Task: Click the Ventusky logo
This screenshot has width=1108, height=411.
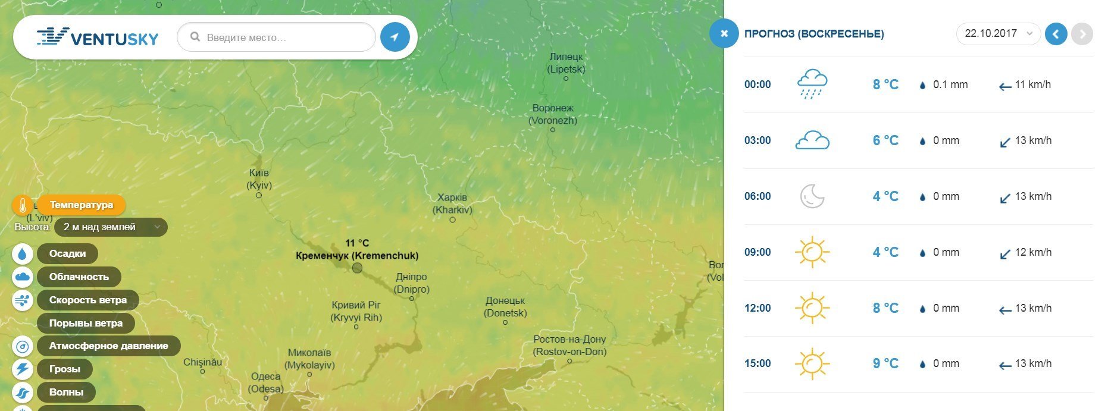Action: [x=98, y=37]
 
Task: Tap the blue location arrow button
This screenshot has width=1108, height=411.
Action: [x=395, y=37]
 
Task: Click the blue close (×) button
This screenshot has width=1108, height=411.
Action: [x=724, y=33]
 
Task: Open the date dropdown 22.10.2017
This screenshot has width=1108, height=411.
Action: [x=998, y=33]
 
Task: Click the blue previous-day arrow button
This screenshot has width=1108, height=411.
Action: [x=1056, y=34]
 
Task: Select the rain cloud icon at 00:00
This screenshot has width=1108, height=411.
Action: [x=812, y=84]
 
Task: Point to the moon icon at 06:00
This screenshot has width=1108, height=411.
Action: [x=812, y=196]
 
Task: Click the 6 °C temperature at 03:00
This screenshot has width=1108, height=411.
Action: [x=885, y=140]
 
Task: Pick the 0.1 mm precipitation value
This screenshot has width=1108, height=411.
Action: [x=950, y=84]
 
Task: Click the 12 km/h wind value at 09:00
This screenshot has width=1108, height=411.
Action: [x=1032, y=252]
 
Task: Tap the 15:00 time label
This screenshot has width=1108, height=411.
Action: [x=758, y=363]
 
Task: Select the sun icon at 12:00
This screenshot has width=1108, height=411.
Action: [x=812, y=308]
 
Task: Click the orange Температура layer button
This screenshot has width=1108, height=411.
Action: [x=81, y=205]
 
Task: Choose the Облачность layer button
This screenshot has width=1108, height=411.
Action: [x=79, y=277]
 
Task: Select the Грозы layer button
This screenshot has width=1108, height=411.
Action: [x=64, y=369]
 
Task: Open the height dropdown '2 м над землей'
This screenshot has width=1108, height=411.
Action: [x=111, y=227]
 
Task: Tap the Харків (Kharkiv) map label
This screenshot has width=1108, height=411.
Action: [x=452, y=203]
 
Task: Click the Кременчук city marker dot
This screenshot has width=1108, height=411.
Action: [x=357, y=268]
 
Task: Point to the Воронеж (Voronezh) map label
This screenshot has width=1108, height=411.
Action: [x=553, y=114]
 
